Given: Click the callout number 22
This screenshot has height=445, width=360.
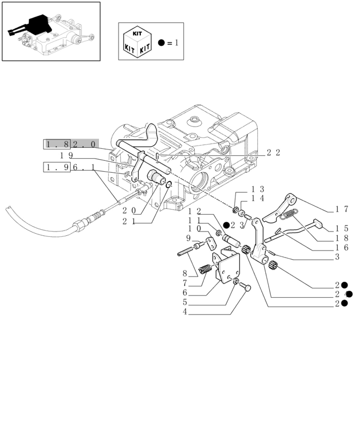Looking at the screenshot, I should point(274,153).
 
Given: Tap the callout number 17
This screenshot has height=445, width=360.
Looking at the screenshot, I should point(342,209).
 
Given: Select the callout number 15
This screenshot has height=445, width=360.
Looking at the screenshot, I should point(342,229).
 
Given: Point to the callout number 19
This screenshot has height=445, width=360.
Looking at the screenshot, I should point(66,155).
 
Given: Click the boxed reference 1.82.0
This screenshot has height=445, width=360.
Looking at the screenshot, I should point(71,144).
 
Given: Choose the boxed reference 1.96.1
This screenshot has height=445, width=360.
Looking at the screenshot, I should point(71,167).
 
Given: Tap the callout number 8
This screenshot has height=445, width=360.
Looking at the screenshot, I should point(185,274).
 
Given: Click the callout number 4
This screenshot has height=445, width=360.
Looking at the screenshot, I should point(185,312).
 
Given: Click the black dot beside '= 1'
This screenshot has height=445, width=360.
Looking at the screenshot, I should point(162,42).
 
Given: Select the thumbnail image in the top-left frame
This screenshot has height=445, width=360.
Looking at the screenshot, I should point(51,31).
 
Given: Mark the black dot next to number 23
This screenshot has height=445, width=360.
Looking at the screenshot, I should point(226,224).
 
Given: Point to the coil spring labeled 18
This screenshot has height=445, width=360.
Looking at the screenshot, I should point(289,215).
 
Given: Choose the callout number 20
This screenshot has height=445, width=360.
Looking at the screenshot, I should point(129,210).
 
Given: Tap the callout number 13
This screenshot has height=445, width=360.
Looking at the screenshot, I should point(257,189).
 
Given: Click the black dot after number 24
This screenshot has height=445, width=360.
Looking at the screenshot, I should point(349,294).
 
